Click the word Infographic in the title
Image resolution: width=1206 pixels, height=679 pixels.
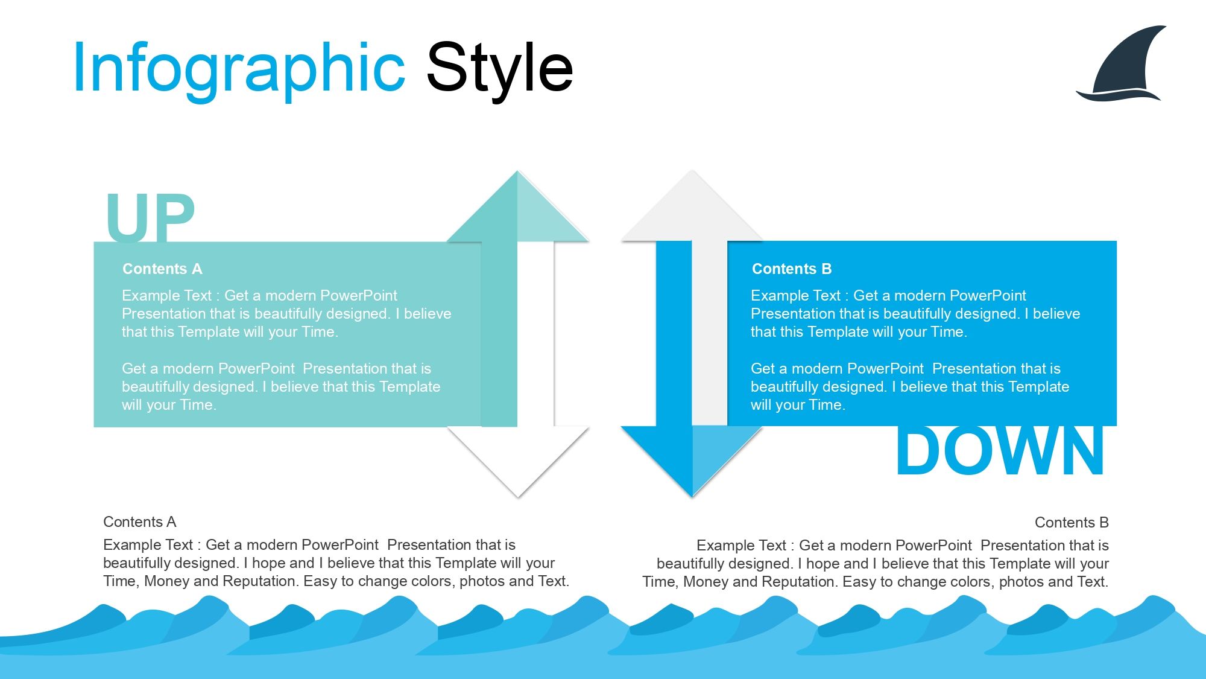239,69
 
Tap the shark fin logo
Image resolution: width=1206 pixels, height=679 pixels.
1121,63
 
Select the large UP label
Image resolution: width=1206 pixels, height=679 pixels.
150,217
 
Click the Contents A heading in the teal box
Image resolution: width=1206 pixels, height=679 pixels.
162,269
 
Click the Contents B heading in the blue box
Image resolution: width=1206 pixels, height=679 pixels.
792,269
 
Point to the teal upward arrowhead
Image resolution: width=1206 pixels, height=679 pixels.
517,206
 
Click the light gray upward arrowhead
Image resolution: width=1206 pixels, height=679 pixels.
692,206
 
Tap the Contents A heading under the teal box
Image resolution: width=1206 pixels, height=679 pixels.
140,521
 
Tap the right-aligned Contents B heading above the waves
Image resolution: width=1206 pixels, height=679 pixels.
1072,522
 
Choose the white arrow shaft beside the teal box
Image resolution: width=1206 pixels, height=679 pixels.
535,334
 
